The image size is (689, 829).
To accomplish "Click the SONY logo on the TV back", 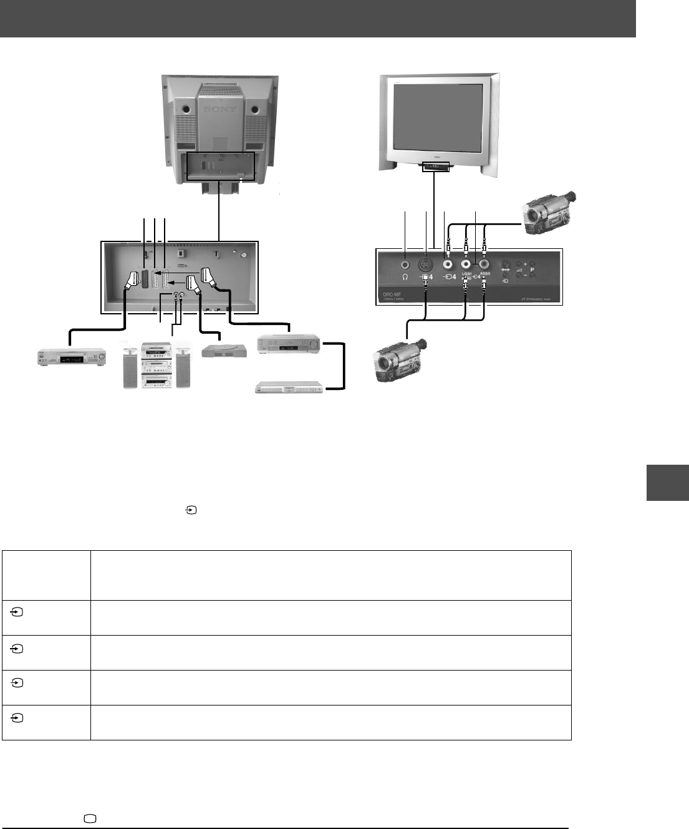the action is (x=221, y=109).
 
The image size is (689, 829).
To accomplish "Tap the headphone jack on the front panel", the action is (x=406, y=264).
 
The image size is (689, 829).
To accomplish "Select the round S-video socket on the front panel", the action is (x=426, y=264).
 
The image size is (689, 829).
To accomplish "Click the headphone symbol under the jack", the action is (x=406, y=277).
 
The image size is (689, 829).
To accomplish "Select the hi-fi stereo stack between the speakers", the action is (x=157, y=366).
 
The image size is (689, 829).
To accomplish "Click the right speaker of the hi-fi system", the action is (x=183, y=368).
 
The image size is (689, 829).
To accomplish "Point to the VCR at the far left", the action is (x=70, y=358).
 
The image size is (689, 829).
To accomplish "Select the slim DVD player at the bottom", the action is (x=291, y=387).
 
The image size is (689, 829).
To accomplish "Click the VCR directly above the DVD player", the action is (x=289, y=344).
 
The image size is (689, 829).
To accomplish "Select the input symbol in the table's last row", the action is (x=17, y=719).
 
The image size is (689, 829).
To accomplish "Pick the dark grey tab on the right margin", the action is (x=667, y=482).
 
